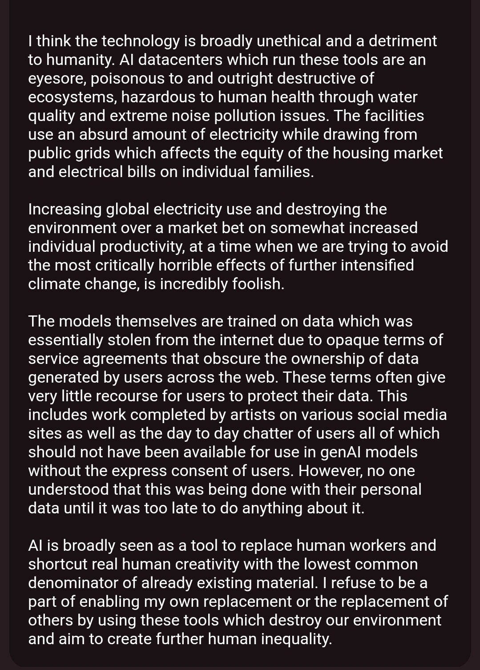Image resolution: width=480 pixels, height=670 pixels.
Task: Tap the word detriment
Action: [x=403, y=41]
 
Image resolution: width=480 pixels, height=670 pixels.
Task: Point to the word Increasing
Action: [x=65, y=209]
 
